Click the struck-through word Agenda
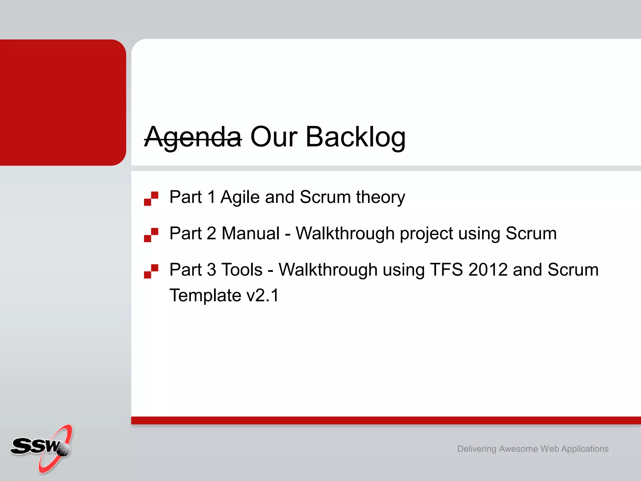(x=192, y=137)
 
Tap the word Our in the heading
(x=274, y=137)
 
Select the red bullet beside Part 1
(x=151, y=199)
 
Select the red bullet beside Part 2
(x=151, y=235)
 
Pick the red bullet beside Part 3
(x=151, y=271)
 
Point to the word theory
(x=380, y=197)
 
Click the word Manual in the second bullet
(x=250, y=234)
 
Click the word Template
(x=205, y=296)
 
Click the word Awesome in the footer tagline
(x=518, y=449)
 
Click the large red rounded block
(x=63, y=102)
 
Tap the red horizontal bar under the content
(x=386, y=420)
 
